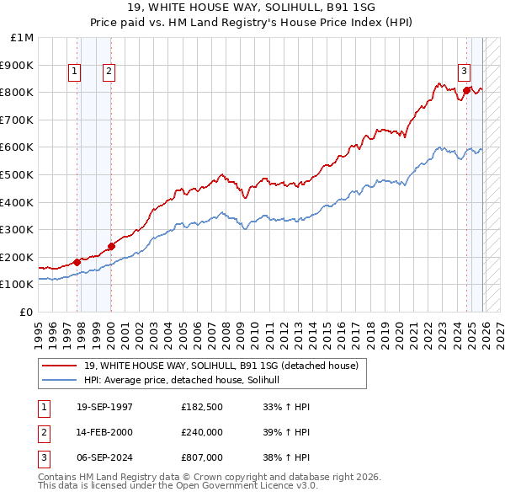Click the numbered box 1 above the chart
[x=75, y=72]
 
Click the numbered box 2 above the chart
[x=109, y=72]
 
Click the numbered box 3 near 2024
[x=464, y=72]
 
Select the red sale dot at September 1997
[x=77, y=261]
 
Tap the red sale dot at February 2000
[x=111, y=246]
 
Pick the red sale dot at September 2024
[x=466, y=90]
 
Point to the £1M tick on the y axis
[x=23, y=38]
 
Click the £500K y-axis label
[x=19, y=174]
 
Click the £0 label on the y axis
[x=27, y=312]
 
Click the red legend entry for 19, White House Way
[x=221, y=366]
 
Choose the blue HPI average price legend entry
[x=187, y=380]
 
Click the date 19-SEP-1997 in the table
[x=104, y=407]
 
